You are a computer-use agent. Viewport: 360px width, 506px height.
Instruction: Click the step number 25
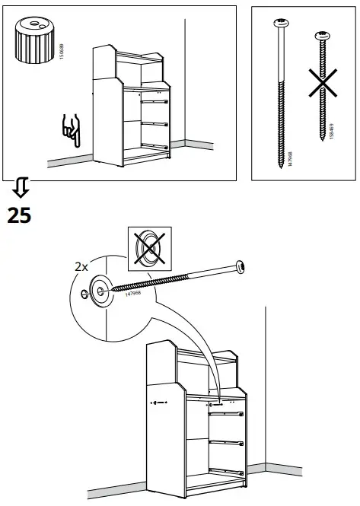(x=19, y=215)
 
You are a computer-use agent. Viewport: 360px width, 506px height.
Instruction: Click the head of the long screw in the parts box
(x=280, y=25)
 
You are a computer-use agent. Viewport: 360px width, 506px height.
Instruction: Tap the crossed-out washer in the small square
(x=148, y=247)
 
